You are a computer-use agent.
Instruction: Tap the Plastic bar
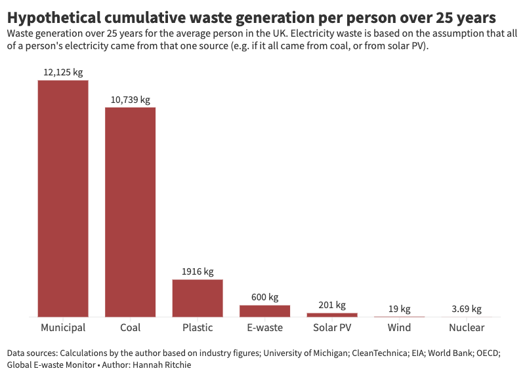[198, 298]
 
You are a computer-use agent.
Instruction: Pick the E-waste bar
[264, 311]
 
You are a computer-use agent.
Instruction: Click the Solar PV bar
[332, 315]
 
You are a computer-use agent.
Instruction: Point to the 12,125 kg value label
[63, 73]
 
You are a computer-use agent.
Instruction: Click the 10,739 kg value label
[130, 100]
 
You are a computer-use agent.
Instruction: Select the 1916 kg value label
[198, 271]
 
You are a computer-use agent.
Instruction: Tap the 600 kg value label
[264, 297]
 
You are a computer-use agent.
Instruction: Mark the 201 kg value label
[332, 305]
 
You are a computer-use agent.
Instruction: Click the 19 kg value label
[399, 309]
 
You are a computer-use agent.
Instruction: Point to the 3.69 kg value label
[467, 309]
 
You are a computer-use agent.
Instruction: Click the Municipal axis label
[63, 328]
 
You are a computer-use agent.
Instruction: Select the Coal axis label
[130, 328]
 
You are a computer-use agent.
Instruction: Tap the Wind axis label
[399, 328]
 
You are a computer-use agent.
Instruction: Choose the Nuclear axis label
[467, 328]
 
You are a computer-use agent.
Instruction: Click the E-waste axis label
[264, 328]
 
